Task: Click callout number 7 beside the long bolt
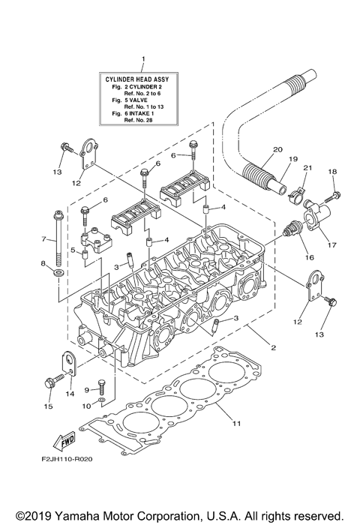(43, 239)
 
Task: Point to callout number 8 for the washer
(43, 263)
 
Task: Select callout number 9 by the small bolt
(87, 390)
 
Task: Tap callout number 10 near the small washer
(87, 406)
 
